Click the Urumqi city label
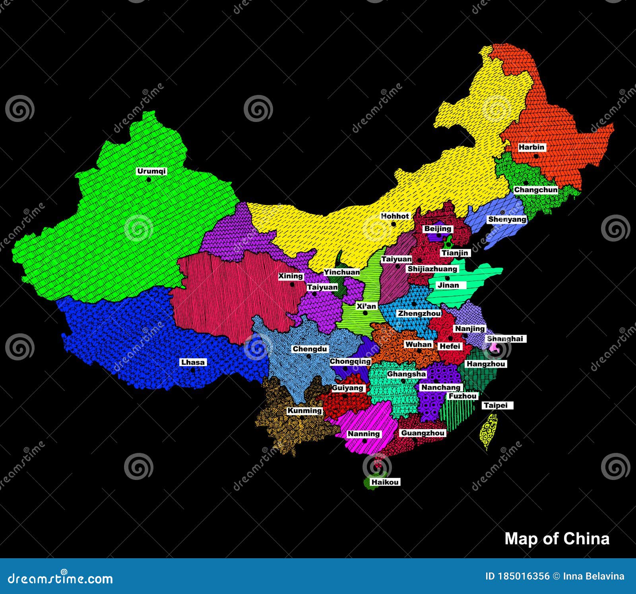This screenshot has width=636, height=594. [x=151, y=171]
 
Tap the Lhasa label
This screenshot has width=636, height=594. [x=193, y=362]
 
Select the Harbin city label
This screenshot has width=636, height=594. [x=531, y=147]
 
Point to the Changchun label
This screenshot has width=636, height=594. [x=536, y=190]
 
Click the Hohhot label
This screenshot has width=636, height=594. [x=395, y=216]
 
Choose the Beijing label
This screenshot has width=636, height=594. [x=438, y=228]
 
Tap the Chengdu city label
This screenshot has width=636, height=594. [x=310, y=349]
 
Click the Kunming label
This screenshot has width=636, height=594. [x=304, y=410]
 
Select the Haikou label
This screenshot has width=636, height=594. [x=385, y=482]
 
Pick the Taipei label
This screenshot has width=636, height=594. [x=496, y=405]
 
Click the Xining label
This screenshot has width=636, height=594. [x=291, y=276]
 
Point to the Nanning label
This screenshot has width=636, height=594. [x=364, y=433]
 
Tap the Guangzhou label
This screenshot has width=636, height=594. [x=423, y=433]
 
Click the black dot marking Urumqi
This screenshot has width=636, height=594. [x=149, y=180]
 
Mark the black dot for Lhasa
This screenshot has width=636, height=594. [x=193, y=370]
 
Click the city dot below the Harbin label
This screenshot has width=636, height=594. [x=536, y=156]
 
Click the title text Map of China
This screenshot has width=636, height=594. [x=556, y=539]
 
